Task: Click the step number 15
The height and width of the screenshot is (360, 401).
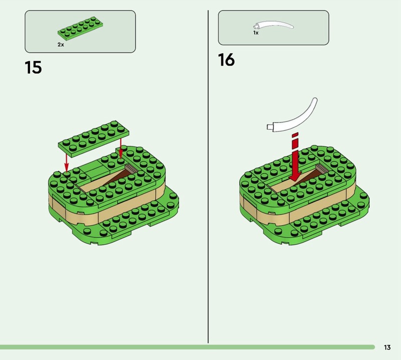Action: [33, 68]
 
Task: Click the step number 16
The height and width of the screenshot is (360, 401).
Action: [227, 60]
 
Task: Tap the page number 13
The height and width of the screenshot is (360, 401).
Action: [387, 347]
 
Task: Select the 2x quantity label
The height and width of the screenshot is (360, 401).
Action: [61, 45]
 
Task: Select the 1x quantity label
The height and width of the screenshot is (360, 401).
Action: [256, 33]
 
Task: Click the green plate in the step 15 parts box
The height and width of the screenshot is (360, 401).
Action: [80, 28]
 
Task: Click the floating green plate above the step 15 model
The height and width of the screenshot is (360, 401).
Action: [94, 138]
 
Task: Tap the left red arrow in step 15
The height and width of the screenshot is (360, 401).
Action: [67, 162]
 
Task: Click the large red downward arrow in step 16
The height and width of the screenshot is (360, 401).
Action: [295, 157]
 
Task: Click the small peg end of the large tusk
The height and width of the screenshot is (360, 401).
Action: [269, 127]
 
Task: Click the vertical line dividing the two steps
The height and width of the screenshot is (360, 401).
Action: [208, 176]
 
